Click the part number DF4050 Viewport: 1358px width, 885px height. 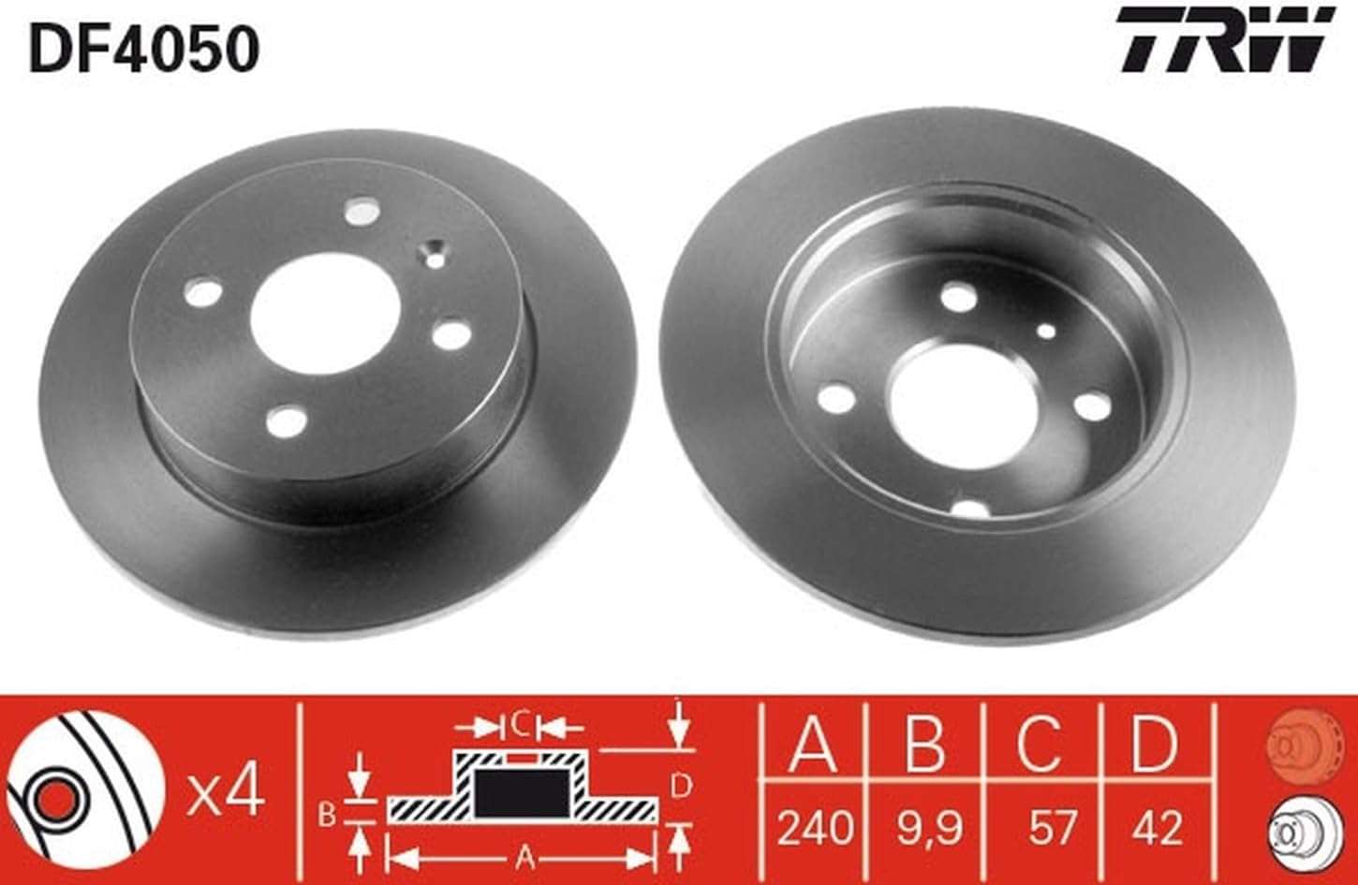coord(145,50)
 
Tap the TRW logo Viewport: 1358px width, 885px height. coord(1226,48)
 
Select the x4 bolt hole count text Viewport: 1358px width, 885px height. coord(226,795)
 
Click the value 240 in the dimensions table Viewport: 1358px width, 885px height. coord(816,828)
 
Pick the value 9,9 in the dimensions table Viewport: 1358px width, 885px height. coord(928,828)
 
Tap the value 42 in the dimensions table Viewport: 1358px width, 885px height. coord(1158,828)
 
